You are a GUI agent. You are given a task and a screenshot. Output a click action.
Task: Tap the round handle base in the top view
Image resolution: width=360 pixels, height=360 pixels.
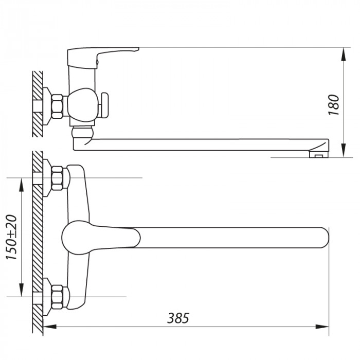[75, 238]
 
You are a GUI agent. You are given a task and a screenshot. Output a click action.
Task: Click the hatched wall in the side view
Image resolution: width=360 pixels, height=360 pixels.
[38, 103]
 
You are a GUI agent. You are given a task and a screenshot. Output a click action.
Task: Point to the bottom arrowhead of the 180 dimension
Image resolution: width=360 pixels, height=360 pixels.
[343, 153]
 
